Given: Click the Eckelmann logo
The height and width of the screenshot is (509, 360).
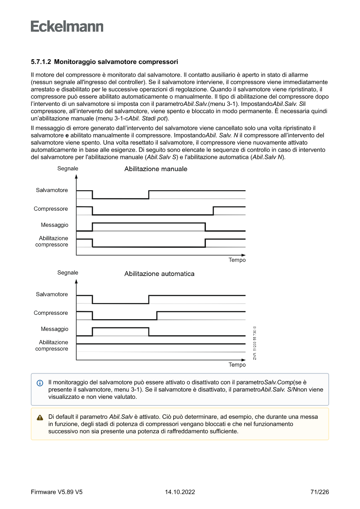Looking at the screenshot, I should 67,26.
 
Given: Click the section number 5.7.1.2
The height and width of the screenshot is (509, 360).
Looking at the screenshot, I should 41,62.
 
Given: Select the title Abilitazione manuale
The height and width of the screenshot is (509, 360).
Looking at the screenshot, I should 156,169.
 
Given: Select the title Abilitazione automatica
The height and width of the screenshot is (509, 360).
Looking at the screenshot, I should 159,274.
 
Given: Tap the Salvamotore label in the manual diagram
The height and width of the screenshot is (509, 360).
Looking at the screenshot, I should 52,190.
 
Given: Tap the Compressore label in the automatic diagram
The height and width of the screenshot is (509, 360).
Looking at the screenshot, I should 51,313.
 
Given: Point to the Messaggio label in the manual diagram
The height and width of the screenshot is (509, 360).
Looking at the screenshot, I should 54,225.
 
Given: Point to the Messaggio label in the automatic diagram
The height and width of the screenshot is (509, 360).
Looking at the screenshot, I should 54,329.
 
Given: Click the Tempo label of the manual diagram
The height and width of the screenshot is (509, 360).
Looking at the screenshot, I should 237,260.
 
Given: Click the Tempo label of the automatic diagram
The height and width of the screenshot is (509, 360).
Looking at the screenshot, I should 237,365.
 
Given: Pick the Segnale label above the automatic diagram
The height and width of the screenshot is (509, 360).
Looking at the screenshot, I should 68,273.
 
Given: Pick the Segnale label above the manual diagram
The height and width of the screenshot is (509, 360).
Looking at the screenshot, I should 68,168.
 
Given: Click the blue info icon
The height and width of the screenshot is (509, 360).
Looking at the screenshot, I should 40,383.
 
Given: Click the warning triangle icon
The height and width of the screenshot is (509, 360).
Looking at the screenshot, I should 40,417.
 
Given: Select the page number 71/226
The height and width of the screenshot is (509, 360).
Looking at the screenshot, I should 320,492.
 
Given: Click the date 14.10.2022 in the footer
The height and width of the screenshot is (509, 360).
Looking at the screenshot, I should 180,492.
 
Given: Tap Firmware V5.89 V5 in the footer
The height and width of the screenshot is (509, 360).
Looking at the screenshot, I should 57,492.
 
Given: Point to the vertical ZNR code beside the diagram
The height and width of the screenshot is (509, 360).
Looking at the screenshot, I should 255,343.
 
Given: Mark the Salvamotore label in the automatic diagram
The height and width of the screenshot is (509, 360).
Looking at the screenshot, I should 52,294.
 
